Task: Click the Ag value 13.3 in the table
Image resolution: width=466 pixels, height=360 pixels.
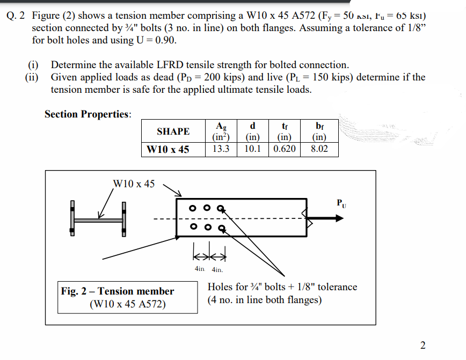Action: [221, 149]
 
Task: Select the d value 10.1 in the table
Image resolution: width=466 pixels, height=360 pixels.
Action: [252, 149]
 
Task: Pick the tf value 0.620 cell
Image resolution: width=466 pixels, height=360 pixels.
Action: [283, 149]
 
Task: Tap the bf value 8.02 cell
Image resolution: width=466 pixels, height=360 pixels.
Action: [319, 149]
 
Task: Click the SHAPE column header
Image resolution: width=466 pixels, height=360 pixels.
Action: [173, 131]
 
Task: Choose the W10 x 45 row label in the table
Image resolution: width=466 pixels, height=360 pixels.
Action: [168, 149]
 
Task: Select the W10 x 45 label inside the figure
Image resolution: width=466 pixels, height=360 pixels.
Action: [134, 184]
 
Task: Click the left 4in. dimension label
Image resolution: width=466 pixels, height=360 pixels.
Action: [199, 269]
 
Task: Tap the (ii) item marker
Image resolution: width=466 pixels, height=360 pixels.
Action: [33, 77]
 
